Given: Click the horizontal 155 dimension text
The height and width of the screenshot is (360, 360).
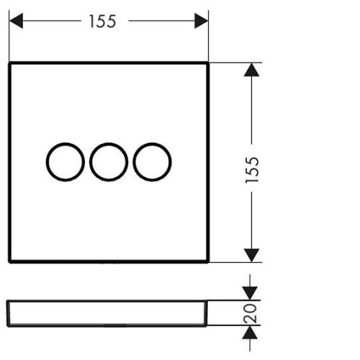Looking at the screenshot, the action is [x=102, y=21].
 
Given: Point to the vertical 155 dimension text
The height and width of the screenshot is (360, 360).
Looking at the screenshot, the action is [x=252, y=170].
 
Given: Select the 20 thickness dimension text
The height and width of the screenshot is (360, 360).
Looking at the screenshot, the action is [x=250, y=313].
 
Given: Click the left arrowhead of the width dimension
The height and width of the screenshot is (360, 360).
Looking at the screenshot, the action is [x=16, y=21].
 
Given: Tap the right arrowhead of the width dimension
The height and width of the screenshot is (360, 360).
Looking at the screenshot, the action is [x=201, y=21].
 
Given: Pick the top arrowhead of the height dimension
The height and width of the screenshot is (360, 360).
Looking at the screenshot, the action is [x=251, y=70].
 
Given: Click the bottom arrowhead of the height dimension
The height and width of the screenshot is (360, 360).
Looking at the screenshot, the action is [x=251, y=256].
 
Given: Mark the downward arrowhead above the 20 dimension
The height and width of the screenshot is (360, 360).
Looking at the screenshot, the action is [x=250, y=293].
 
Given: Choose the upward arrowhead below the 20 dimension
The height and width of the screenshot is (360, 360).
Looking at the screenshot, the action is [x=250, y=333].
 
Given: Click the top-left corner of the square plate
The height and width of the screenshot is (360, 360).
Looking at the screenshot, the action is [x=9, y=63].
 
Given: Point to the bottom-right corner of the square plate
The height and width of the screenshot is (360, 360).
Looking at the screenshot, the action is [x=208, y=261].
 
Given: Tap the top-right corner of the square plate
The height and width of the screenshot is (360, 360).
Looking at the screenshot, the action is [x=208, y=63].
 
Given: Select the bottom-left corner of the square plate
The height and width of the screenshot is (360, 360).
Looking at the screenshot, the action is [x=9, y=261].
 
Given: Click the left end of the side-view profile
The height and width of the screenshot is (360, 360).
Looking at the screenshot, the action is [x=8, y=313].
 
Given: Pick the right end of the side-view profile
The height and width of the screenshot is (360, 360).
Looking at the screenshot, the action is [x=207, y=313].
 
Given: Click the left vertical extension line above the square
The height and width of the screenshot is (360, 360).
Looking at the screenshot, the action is [x=9, y=35].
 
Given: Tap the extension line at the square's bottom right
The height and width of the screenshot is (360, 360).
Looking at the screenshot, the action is [x=235, y=262].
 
